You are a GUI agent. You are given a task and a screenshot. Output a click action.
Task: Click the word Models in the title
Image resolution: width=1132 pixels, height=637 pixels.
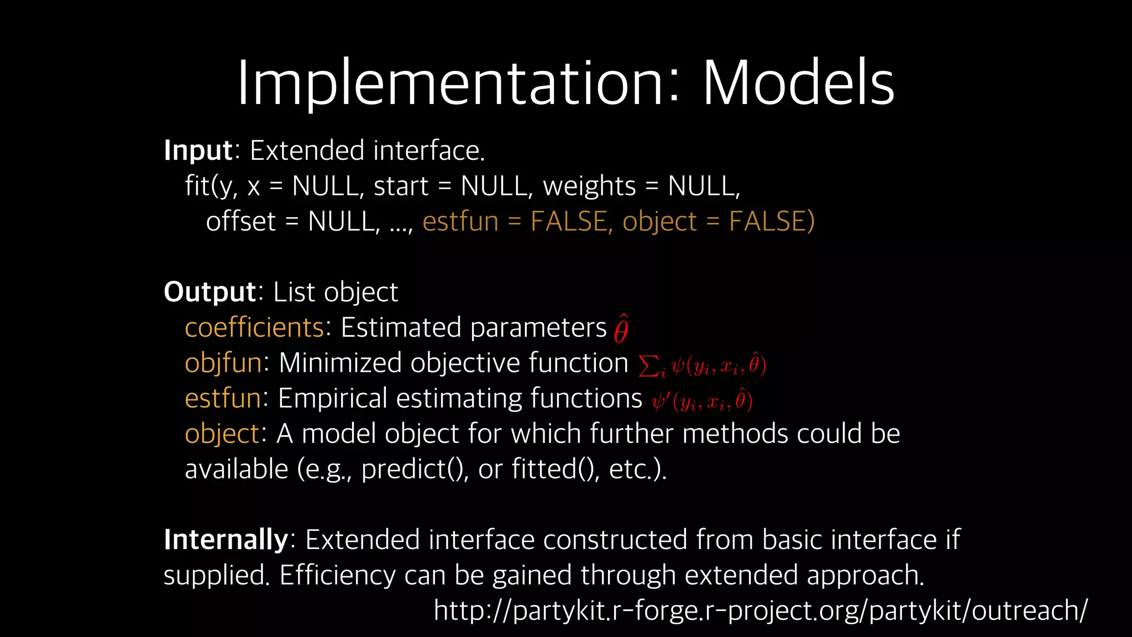click(798, 84)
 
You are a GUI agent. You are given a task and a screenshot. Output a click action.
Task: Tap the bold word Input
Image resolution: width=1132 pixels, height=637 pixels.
click(198, 151)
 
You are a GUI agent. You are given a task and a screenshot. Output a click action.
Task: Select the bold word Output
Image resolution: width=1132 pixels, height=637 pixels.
click(209, 292)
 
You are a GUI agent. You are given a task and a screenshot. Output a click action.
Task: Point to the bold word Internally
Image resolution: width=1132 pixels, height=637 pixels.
click(226, 540)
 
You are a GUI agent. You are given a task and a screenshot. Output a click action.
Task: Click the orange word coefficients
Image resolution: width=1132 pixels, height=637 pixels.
click(254, 327)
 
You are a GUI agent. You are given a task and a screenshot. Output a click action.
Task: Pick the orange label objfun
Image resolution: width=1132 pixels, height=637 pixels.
click(223, 364)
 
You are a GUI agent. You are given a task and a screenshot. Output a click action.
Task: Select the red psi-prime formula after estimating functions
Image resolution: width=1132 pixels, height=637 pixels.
click(702, 401)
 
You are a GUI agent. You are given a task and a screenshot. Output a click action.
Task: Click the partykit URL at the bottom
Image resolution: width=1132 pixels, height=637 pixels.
click(761, 611)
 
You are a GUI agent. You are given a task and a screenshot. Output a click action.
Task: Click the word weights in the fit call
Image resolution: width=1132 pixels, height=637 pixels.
click(589, 186)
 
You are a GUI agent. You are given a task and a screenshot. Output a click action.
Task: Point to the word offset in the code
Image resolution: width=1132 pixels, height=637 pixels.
click(240, 222)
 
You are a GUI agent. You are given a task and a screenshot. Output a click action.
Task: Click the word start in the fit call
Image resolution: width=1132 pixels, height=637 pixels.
click(401, 186)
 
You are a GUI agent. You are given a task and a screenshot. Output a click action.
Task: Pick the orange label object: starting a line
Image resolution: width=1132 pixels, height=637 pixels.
click(222, 435)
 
